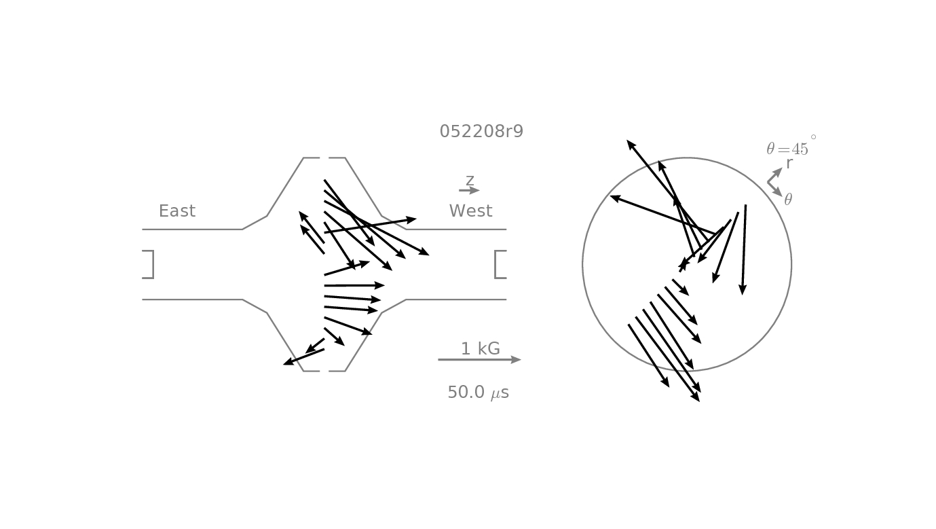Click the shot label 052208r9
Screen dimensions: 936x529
481,131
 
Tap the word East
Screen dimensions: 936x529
177,211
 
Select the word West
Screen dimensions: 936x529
471,211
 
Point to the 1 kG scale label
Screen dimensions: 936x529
481,348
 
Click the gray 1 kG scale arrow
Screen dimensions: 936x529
479,360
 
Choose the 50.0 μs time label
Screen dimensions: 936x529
479,393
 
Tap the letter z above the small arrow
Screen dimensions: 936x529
470,180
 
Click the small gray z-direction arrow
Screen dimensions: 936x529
469,190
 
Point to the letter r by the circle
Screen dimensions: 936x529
789,164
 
